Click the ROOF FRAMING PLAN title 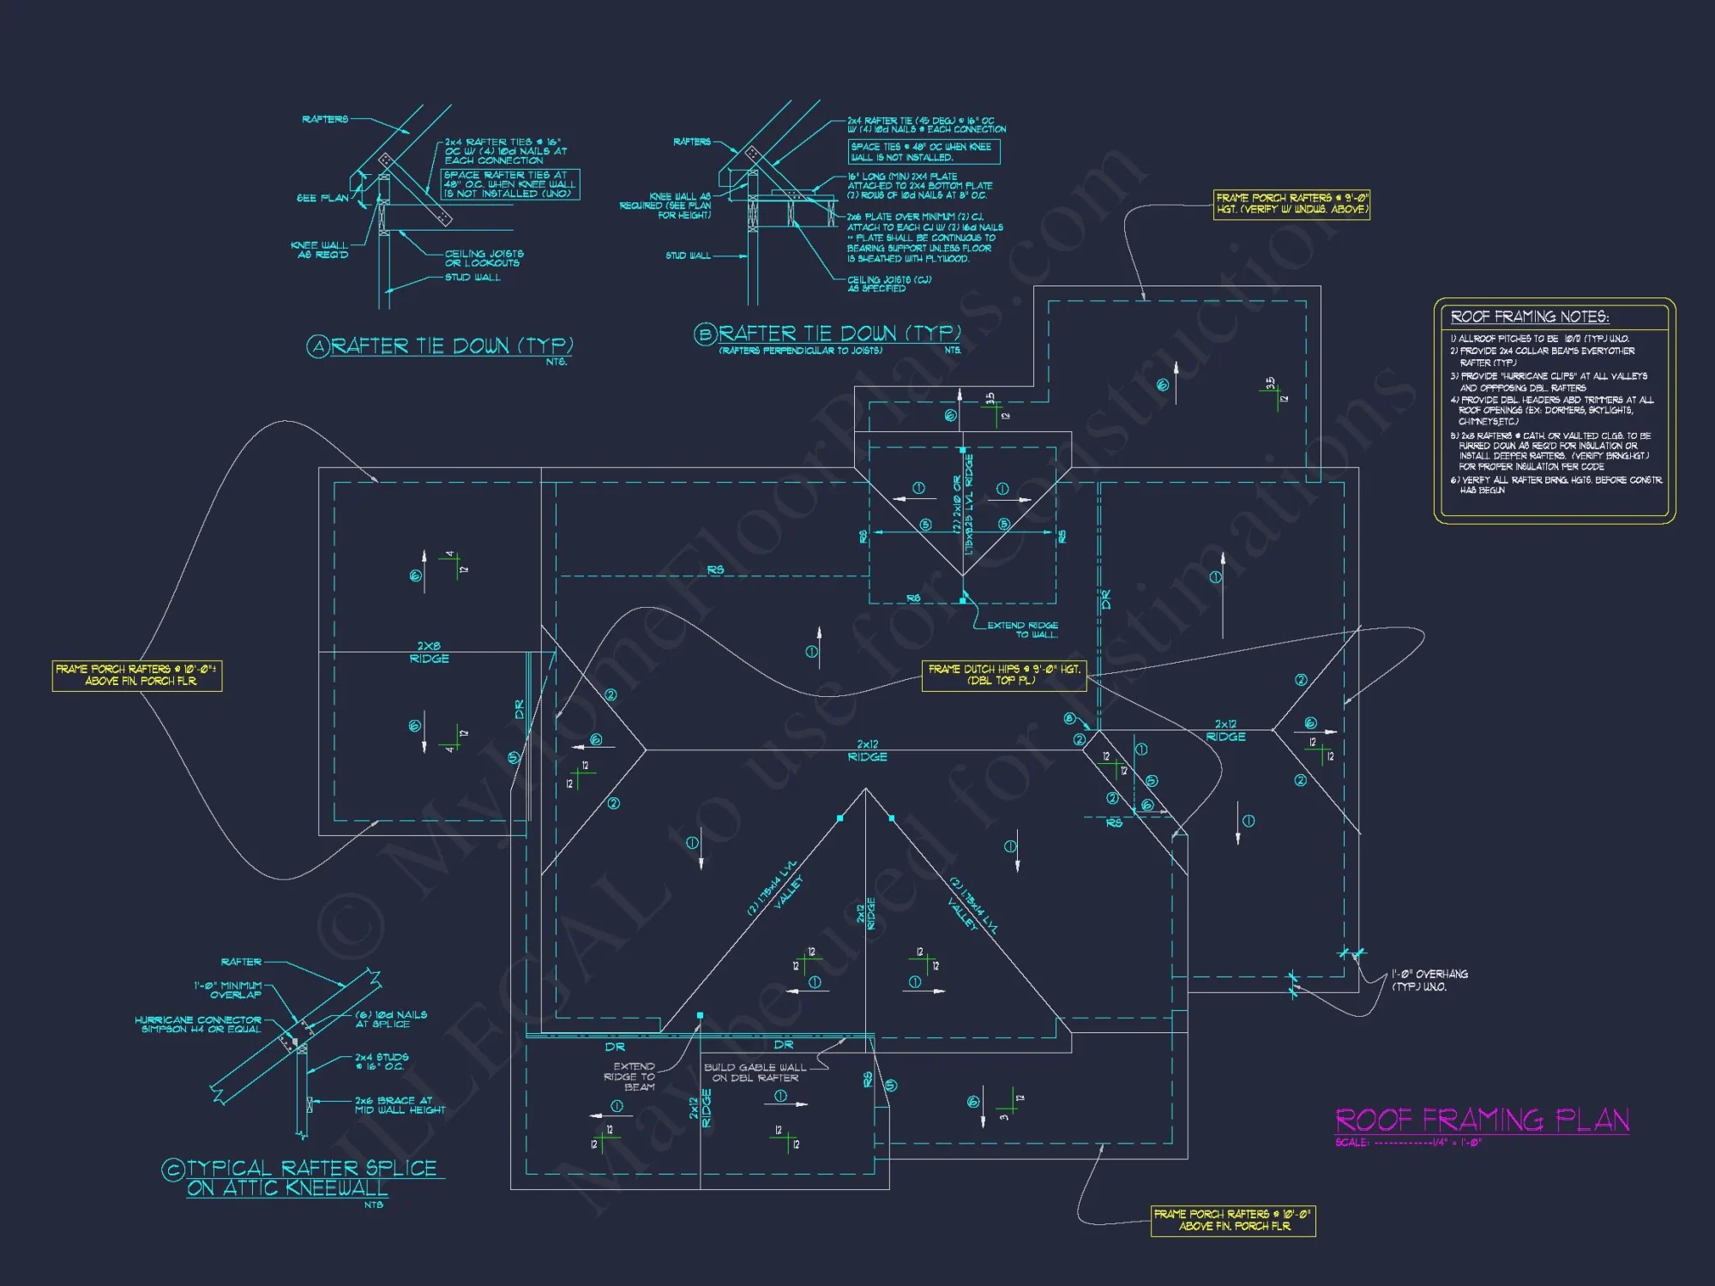[x=1482, y=1120]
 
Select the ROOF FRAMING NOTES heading [x=1530, y=316]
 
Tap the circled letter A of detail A [x=318, y=346]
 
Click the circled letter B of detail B [x=705, y=334]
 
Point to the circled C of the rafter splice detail [x=173, y=1169]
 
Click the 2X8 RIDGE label [x=429, y=652]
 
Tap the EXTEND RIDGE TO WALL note [x=1022, y=630]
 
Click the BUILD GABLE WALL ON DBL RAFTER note [x=755, y=1073]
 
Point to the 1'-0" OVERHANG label [x=1429, y=980]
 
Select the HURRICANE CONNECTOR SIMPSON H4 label [x=198, y=1025]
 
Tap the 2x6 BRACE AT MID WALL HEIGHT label [x=400, y=1105]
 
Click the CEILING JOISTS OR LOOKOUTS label [x=484, y=258]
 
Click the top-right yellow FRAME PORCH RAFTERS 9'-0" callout [x=1291, y=203]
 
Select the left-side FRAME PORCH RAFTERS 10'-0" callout [x=137, y=675]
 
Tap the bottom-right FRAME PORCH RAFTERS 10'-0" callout [x=1232, y=1220]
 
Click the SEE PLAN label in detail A [x=322, y=198]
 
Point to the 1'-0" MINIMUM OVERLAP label [x=228, y=990]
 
